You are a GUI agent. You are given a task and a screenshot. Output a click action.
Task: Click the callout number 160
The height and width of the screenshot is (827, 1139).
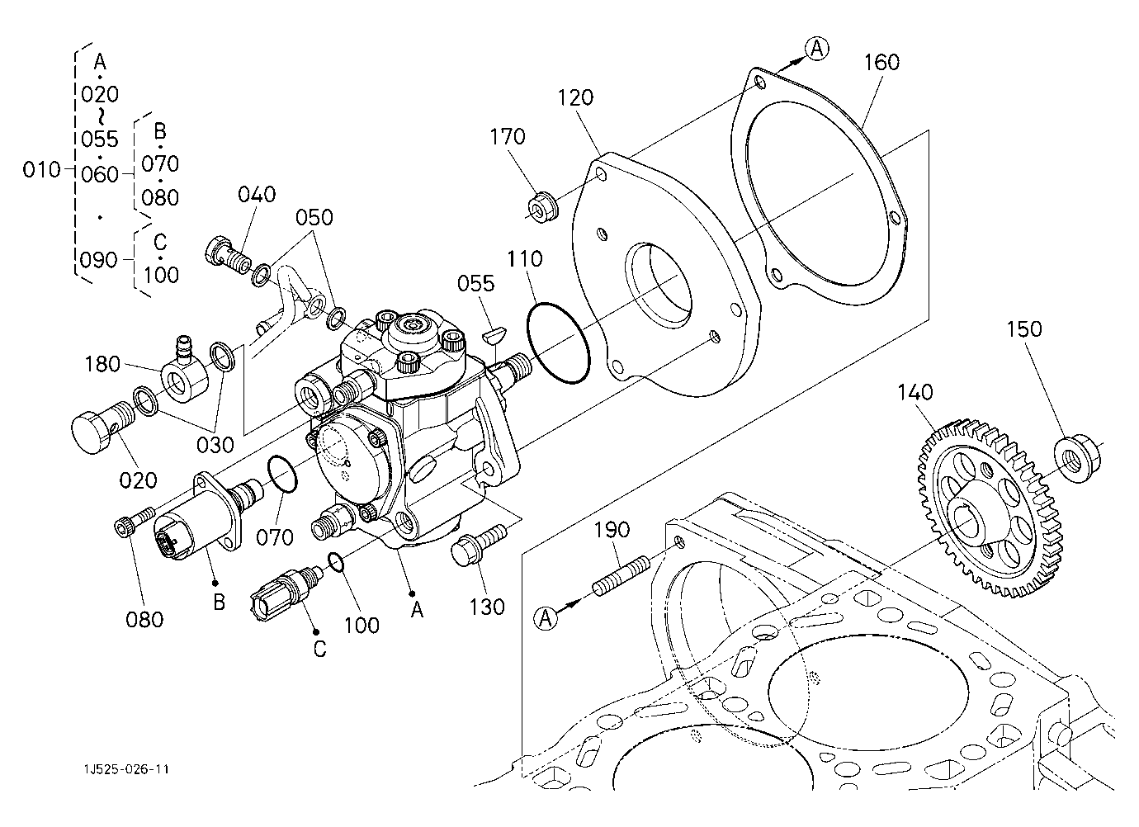[x=881, y=63]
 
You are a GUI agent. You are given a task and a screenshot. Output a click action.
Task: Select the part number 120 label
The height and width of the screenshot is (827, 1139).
[x=575, y=97]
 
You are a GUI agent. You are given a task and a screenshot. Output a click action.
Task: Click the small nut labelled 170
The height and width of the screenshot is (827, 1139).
[x=541, y=206]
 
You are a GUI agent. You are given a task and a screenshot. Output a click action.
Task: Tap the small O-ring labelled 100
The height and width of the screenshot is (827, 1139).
[x=335, y=562]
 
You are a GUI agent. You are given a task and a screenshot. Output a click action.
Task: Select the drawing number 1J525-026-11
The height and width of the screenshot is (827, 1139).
[x=125, y=769]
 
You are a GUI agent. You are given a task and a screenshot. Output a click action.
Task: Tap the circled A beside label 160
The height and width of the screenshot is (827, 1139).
[x=816, y=50]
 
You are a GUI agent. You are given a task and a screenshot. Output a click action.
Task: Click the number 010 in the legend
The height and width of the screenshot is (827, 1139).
[x=41, y=170]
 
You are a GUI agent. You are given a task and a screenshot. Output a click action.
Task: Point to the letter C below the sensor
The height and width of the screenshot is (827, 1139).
[x=319, y=649]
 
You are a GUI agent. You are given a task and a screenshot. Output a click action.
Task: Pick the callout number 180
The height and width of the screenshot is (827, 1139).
[x=103, y=364]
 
